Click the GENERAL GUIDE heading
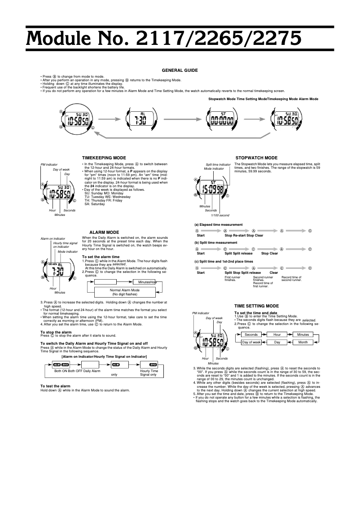180,70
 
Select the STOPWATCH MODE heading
256,158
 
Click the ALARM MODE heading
104,232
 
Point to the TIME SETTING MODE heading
259,306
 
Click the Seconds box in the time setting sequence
251,334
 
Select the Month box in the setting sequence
303,342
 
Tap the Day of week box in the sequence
251,342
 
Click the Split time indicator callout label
218,165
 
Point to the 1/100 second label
220,215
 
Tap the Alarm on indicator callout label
53,238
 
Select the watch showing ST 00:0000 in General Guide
222,120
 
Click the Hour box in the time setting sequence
277,334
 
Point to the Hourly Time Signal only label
149,373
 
